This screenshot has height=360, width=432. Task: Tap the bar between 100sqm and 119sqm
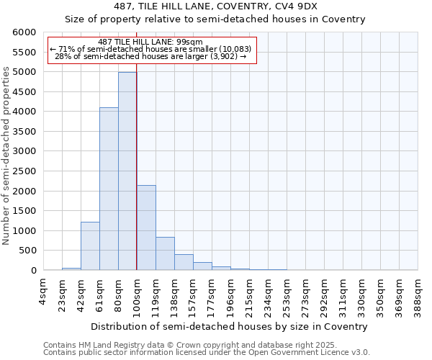[x=146, y=228]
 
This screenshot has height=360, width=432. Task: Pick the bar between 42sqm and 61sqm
[x=90, y=246]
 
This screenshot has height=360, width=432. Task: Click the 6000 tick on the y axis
[x=24, y=33]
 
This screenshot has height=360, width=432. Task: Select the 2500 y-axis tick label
[x=24, y=171]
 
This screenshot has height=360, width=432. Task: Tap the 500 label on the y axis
[x=27, y=251]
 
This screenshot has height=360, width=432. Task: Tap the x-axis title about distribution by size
[x=230, y=326]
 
